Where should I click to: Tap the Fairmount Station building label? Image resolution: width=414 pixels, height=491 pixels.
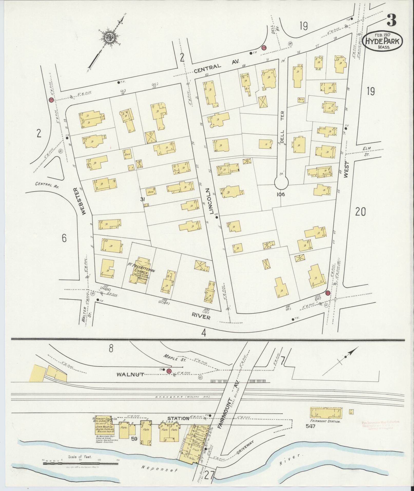click(326, 421)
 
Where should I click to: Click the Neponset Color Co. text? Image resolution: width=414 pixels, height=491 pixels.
click(104, 419)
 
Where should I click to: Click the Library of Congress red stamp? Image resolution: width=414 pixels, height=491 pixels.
click(378, 425)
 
